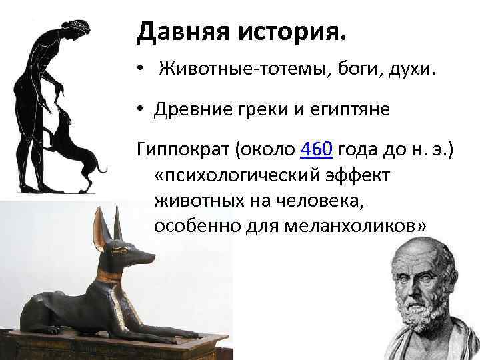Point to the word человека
coord(329,200)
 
